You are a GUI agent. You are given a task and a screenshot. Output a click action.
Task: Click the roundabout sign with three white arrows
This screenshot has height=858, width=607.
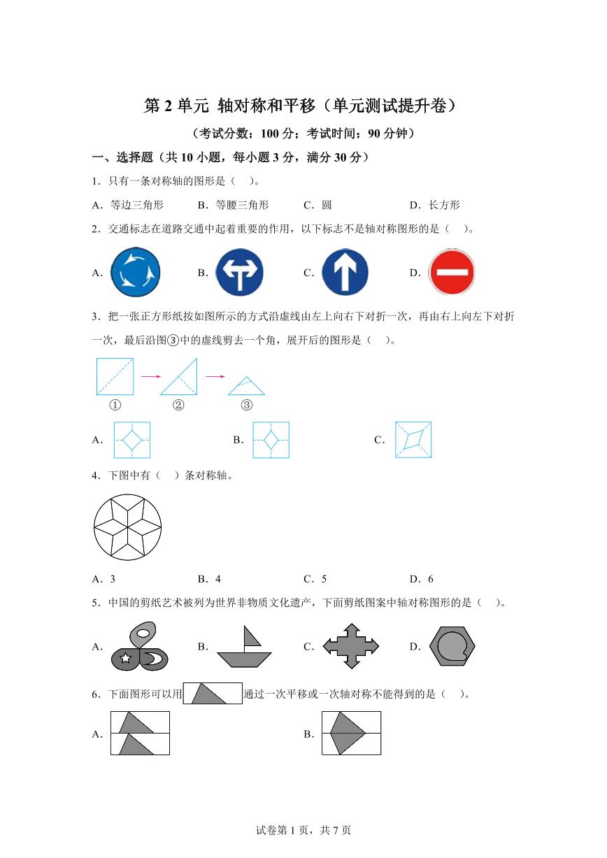(136, 272)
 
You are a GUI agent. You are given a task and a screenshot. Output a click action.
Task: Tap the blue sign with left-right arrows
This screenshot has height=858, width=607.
(239, 272)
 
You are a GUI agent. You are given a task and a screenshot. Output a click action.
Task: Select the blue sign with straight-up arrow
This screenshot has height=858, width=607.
(345, 272)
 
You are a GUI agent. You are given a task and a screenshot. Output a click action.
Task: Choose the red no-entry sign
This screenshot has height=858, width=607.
(452, 272)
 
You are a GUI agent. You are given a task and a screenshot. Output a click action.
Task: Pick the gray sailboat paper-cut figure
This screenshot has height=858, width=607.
(243, 647)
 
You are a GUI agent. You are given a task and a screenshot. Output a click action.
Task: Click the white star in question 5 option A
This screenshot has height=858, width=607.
(126, 657)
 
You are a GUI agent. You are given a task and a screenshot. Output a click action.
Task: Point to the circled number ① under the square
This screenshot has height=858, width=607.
(115, 405)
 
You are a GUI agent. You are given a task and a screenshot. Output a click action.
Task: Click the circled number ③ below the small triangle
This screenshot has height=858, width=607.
(246, 405)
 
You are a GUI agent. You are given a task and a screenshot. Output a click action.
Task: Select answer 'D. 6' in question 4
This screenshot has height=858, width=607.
(422, 578)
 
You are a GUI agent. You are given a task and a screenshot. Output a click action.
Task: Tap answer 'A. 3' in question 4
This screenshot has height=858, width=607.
(103, 578)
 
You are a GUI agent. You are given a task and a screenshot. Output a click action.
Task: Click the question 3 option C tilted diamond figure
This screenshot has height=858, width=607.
(413, 440)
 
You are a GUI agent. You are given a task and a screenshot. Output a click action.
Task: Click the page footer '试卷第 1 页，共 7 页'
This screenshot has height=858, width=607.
(303, 830)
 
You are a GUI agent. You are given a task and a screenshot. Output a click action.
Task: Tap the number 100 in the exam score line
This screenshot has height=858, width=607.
(269, 132)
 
